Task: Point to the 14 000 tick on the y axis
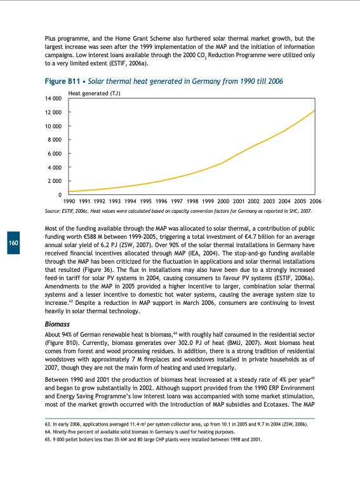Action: click(52, 99)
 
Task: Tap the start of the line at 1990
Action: click(69, 191)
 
